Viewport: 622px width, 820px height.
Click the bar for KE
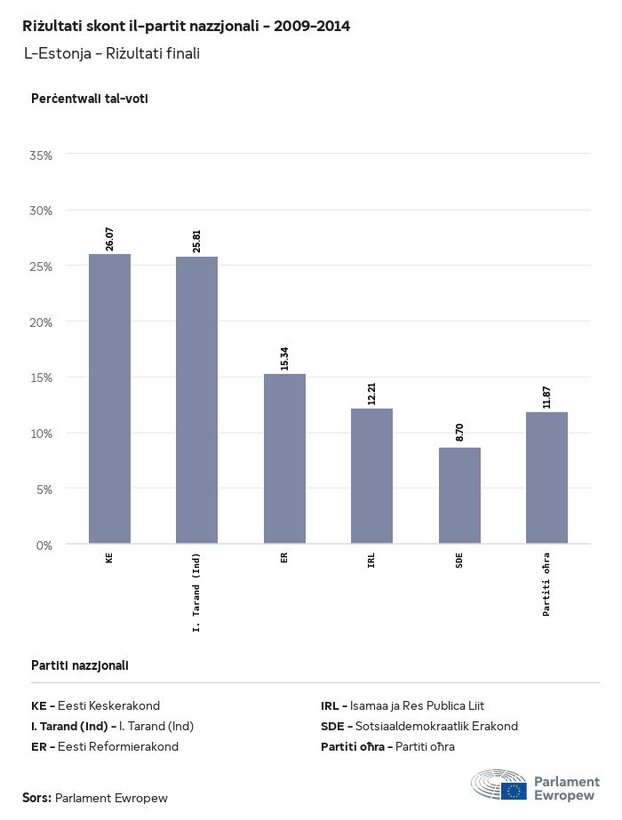tap(109, 399)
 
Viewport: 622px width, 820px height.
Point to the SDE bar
tap(459, 495)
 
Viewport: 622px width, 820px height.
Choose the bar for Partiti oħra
tap(546, 477)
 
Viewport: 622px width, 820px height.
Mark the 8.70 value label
tap(459, 433)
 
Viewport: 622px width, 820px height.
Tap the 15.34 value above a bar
tap(284, 358)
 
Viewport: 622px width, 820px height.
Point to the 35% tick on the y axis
tap(42, 155)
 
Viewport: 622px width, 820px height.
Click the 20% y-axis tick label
tap(42, 322)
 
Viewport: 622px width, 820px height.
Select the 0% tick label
tap(44, 545)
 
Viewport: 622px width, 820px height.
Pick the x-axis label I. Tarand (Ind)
tap(196, 593)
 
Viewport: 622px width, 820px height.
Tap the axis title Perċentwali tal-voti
tap(89, 99)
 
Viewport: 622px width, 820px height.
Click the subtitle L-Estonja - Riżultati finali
tap(112, 53)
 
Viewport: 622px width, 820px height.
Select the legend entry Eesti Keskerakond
tap(108, 705)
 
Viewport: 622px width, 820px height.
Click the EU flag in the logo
tap(514, 789)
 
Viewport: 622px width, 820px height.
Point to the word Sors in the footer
tap(36, 798)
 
